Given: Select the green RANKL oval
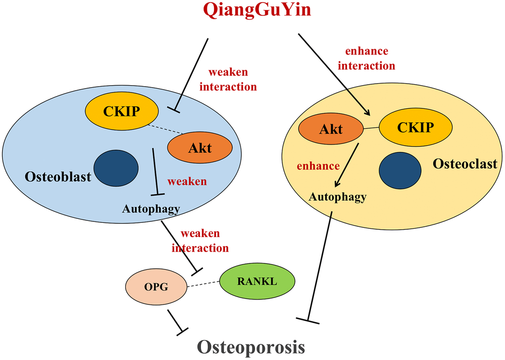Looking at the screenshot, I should click(257, 282).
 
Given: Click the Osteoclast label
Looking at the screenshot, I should click(465, 163).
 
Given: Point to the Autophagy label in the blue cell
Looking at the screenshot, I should click(151, 209).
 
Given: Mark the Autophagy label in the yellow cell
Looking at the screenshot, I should click(338, 197).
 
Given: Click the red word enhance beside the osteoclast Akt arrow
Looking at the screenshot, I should click(318, 166).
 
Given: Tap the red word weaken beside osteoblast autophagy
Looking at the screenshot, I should click(187, 181).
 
